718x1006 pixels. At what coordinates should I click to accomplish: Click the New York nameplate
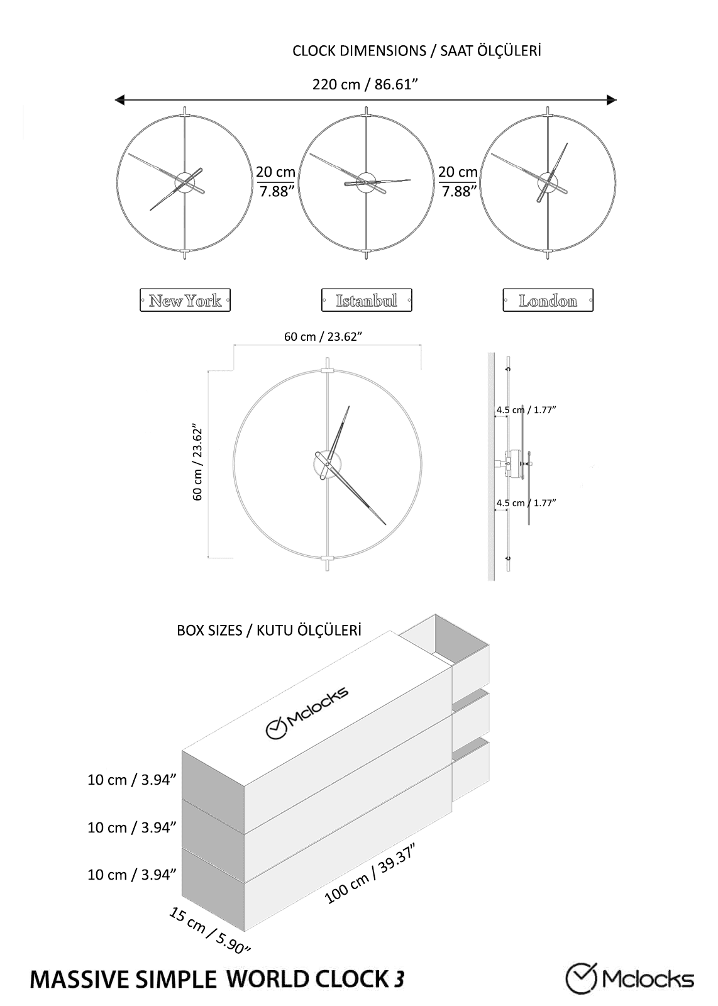click(185, 300)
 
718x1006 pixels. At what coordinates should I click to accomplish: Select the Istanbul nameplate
click(367, 300)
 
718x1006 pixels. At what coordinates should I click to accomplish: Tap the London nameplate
click(548, 300)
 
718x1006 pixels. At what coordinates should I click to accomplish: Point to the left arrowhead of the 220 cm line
click(119, 100)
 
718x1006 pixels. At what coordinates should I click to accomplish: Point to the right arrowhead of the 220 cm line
click(612, 100)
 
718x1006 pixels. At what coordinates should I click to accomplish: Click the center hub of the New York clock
click(185, 182)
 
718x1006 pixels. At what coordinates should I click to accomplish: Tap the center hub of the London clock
click(548, 182)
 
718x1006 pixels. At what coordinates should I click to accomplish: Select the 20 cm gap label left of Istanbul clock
click(276, 182)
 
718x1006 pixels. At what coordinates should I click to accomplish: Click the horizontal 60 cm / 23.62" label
click(323, 337)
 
